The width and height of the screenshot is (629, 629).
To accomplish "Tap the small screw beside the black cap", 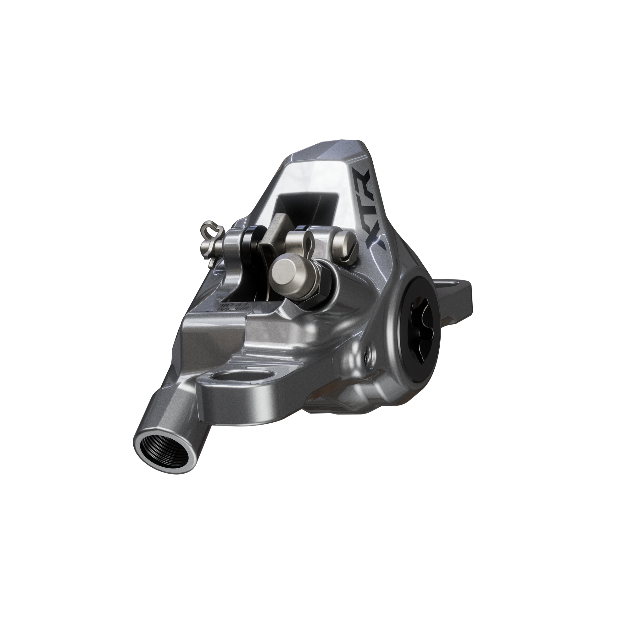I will tap(369, 350).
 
